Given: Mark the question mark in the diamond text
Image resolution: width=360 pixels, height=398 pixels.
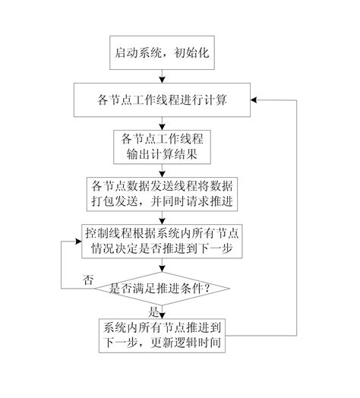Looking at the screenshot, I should coord(206,289).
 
